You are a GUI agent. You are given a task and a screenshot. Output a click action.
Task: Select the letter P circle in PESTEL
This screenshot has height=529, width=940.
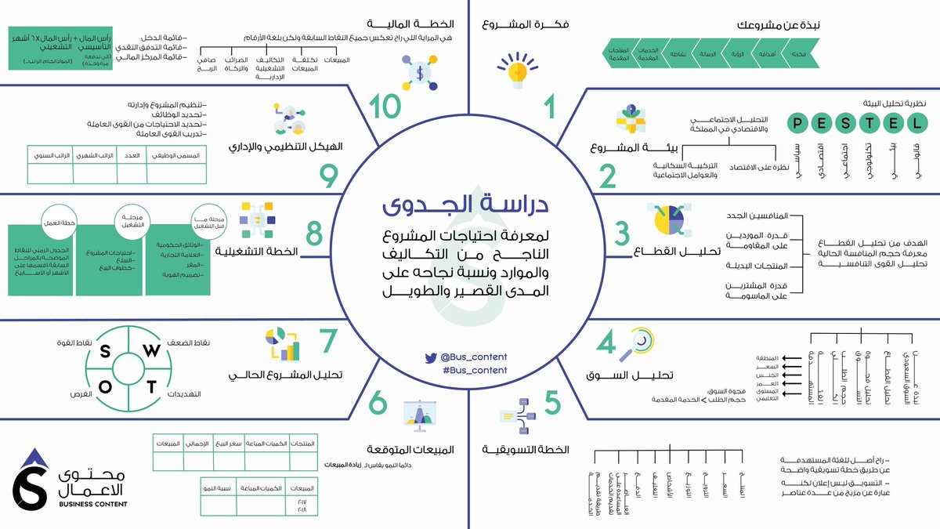797,122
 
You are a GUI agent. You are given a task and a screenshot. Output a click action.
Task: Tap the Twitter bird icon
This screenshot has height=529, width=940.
430,357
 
